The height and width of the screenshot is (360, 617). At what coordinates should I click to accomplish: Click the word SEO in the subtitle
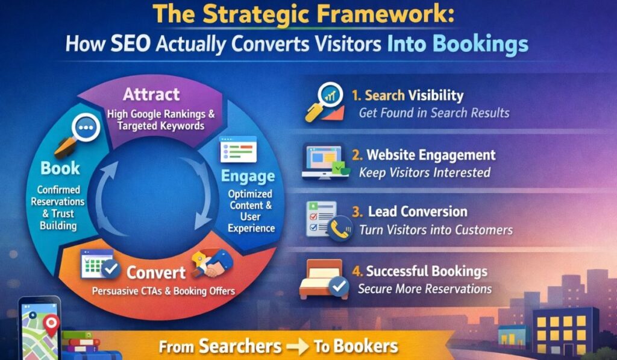pos(130,43)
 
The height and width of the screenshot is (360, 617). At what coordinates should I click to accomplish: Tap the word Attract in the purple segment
pos(151,95)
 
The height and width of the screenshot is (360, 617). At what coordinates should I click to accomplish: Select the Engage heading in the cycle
pos(248,176)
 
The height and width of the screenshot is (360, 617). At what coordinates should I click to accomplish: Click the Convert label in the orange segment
pos(156,272)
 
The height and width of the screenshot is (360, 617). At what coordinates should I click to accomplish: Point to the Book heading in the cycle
pos(60,168)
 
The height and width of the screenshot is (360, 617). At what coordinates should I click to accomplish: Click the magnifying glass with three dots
pos(78,134)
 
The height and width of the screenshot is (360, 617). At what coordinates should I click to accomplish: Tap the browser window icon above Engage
pos(238,149)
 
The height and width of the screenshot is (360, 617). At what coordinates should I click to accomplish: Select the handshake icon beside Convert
pos(211,263)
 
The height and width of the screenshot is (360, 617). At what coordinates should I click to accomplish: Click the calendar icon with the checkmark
pos(100,265)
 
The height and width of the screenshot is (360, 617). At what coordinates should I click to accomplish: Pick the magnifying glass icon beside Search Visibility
pos(325,102)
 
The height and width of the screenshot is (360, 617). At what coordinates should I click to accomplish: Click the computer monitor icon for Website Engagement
pos(325,162)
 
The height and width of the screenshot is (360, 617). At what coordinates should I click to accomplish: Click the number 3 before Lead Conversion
pos(357,212)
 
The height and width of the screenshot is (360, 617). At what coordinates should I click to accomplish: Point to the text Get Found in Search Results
pos(434,113)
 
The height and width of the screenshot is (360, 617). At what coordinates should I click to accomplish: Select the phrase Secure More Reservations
pos(425,289)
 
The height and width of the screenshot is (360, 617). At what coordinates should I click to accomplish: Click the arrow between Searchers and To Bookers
pos(297,347)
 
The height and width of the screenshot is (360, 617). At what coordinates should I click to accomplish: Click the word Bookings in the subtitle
pos(480,44)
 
